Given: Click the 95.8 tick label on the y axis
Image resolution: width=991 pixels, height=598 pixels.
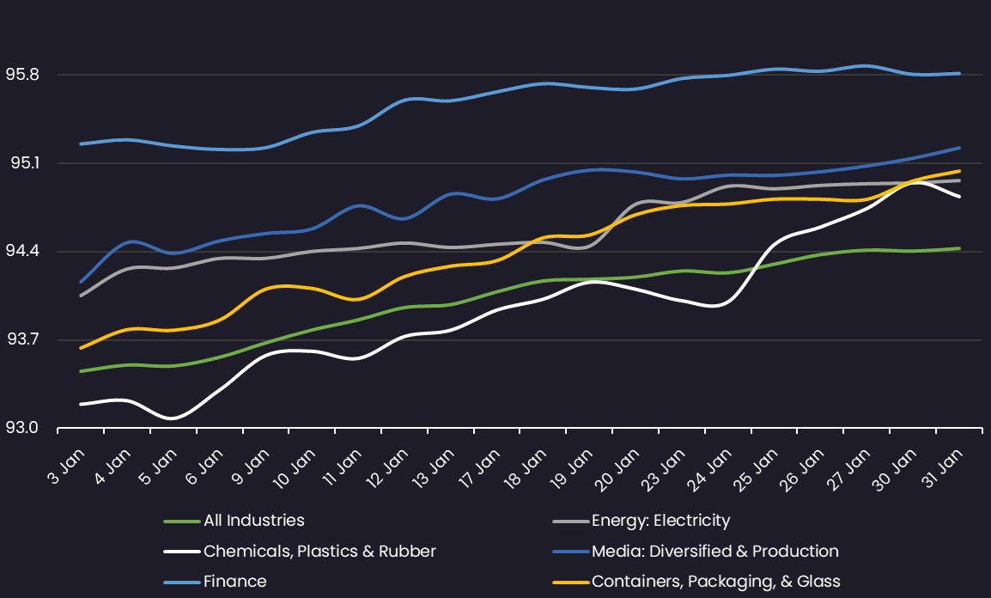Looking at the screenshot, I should pos(22,75).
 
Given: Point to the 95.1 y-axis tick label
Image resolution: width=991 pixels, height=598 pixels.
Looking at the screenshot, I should pos(22,163).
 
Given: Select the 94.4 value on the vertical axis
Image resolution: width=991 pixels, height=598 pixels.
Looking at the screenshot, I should pos(22,252).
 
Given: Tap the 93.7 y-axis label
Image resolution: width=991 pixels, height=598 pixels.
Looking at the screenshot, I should pos(22,339).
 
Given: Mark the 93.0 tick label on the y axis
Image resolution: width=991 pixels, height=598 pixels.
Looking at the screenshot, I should pos(22,428).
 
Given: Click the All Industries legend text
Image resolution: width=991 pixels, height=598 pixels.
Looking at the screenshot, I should pos(253,521).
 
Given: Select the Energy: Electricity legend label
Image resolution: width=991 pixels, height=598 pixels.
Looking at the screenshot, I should pos(660,521).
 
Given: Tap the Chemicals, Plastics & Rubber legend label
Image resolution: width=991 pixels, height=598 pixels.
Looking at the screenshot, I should pos(319,552).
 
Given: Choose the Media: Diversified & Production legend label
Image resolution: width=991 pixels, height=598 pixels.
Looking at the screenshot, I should pos(714,552).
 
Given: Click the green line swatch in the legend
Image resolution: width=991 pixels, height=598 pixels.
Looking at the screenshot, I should pos(181,521).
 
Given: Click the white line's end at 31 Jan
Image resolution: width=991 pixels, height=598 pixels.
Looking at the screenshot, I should pos(959,197).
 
